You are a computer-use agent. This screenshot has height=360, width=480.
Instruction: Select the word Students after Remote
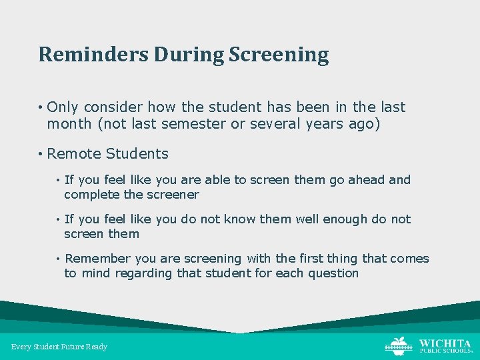click(137, 153)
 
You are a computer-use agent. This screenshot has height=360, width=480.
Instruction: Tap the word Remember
click(98, 259)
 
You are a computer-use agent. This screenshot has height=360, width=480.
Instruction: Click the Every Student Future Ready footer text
click(59, 347)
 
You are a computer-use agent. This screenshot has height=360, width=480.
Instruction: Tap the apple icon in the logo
click(398, 345)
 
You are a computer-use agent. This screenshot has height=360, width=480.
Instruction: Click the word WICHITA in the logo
click(445, 343)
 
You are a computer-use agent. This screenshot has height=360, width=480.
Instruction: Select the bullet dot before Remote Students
click(41, 154)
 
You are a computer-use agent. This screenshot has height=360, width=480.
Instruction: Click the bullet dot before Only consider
click(41, 108)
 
